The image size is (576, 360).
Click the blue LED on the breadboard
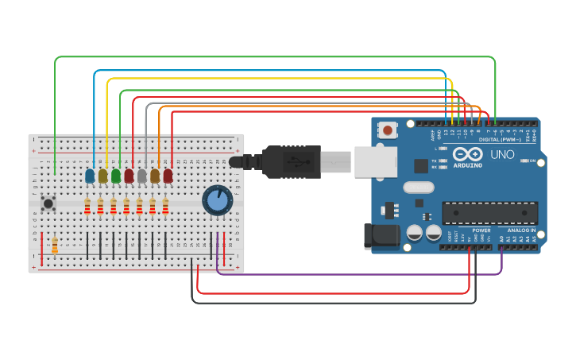click(90, 175)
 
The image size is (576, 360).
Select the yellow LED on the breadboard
click(102, 175)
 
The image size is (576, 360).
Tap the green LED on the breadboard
click(116, 175)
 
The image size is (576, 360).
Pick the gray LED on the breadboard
click(142, 175)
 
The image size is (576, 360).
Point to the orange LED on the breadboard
click(155, 175)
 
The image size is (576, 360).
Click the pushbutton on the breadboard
click(48, 203)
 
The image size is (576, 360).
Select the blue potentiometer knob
click(217, 200)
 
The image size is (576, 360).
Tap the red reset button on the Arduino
click(388, 130)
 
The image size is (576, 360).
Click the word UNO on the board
click(502, 154)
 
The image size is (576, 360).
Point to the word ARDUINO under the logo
click(467, 165)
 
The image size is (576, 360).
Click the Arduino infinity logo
click(467, 153)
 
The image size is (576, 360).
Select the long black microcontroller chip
click(489, 213)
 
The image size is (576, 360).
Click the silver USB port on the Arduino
click(375, 162)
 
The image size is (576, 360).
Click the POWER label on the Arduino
click(481, 230)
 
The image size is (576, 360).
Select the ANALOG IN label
click(521, 230)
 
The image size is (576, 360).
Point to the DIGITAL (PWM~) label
click(500, 139)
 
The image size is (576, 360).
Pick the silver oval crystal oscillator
click(419, 188)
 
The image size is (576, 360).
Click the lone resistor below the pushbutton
click(55, 246)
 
